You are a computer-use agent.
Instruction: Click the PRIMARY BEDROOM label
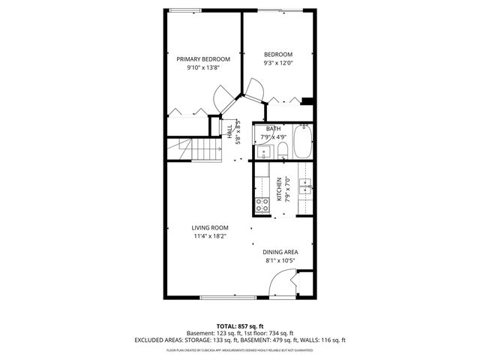(x=202, y=58)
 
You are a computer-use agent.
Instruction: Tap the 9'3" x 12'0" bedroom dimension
(x=278, y=64)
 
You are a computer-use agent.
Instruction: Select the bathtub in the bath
(x=302, y=142)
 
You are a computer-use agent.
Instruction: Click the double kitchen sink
(x=306, y=187)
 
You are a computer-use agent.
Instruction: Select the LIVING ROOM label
(x=209, y=227)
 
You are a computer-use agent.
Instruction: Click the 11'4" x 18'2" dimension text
(x=209, y=237)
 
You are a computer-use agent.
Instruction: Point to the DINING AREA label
(x=281, y=251)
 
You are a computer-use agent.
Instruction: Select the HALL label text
(x=229, y=129)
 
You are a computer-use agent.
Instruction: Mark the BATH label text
(x=274, y=129)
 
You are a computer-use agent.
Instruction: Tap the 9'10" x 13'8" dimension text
(x=202, y=68)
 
